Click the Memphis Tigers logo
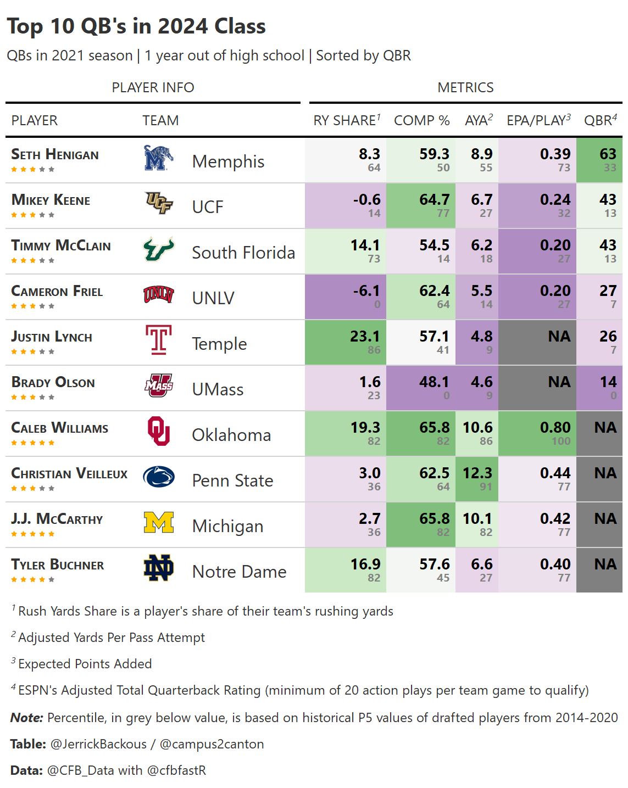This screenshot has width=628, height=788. point(158,158)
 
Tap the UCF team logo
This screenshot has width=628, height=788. point(158,203)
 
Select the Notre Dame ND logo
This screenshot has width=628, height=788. point(158,568)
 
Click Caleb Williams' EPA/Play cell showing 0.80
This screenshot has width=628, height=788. point(555,428)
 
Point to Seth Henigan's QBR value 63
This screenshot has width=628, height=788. point(608,154)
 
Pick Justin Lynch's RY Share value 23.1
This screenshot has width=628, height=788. point(365,337)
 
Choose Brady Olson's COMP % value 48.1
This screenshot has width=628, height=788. point(434,382)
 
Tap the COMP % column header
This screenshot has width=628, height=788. point(421,121)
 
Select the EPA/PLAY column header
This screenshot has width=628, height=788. point(538,121)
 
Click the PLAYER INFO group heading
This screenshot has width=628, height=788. point(153,88)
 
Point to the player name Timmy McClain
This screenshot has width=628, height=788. point(61,246)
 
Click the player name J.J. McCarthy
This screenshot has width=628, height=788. point(57,519)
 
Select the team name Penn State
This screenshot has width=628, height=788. point(232,481)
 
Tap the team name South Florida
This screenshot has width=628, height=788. point(243,253)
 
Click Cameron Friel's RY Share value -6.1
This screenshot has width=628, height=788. point(366,291)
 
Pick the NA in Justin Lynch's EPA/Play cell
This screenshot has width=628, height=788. point(559,337)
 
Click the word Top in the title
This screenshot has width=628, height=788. point(25,26)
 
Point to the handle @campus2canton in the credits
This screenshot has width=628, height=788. point(212,744)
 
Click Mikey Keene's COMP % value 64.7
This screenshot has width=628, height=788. point(434,200)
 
